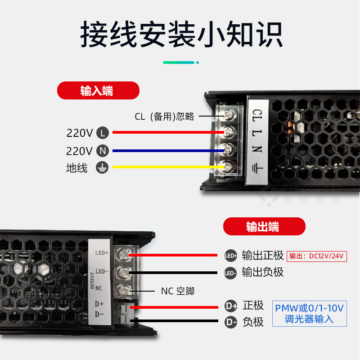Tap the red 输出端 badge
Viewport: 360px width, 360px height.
click(264, 226)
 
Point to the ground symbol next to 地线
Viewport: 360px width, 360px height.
click(103, 168)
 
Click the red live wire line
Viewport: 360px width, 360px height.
click(166, 132)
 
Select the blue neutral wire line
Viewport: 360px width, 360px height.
click(166, 150)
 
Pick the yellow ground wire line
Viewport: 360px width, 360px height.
click(166, 166)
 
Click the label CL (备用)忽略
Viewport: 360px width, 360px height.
click(164, 117)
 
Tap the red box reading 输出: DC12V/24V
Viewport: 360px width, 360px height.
click(316, 256)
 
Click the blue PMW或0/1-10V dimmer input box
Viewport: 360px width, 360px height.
click(309, 314)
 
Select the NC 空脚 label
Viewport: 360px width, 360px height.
click(178, 291)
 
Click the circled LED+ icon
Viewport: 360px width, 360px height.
click(230, 256)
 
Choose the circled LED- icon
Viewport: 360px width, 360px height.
click(230, 273)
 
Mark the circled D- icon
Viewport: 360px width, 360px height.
click(231, 322)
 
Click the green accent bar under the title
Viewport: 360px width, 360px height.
click(180, 63)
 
